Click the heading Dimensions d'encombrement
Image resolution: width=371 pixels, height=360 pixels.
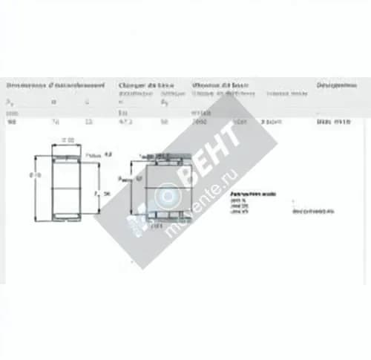point(55,85)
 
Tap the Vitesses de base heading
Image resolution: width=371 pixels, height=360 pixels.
point(220,85)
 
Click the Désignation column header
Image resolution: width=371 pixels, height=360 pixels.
point(335,85)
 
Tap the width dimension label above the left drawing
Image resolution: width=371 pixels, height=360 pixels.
point(68,140)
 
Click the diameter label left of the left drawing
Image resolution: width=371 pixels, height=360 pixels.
point(33,175)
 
